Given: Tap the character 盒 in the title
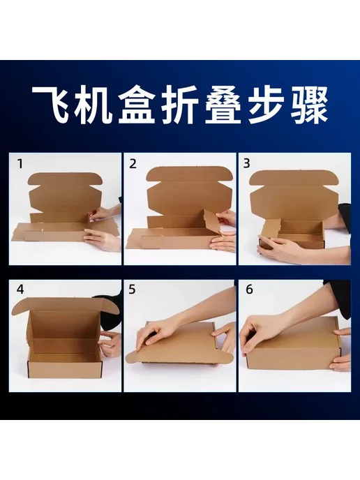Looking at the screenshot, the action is click(137, 105).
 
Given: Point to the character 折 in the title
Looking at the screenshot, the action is click(180, 105).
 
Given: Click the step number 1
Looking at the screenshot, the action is click(20, 164).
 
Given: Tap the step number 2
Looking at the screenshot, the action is click(133, 164).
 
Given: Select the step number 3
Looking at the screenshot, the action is click(246, 163).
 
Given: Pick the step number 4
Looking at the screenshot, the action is click(20, 290).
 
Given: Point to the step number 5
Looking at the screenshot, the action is click(132, 290).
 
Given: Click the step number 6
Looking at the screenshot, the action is click(250, 290).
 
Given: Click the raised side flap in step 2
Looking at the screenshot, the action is click(211, 223).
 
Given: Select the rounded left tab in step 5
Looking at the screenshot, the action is click(133, 357).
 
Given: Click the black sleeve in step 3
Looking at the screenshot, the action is click(344, 215).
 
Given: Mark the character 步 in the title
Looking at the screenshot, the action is click(266, 105).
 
